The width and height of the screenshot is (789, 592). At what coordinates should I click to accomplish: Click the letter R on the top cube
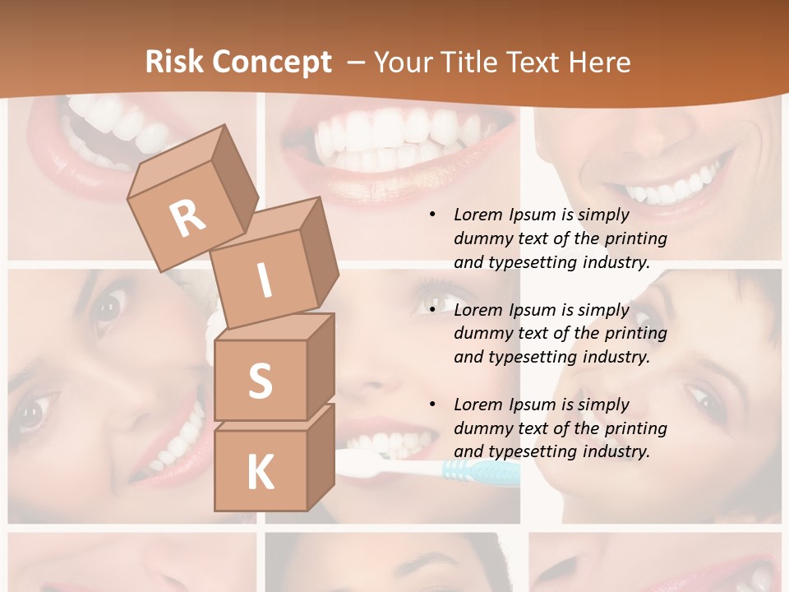pos(188,218)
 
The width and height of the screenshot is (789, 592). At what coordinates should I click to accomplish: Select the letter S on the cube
pos(260,382)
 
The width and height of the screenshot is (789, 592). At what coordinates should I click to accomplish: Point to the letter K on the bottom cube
pos(261,473)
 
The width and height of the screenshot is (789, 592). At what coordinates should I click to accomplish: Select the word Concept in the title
pos(270,62)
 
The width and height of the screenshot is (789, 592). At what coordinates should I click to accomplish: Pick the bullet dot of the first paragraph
pos(432,215)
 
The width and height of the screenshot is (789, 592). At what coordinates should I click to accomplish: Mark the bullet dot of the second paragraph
pos(432,310)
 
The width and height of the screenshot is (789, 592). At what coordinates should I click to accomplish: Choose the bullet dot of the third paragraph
pos(432,405)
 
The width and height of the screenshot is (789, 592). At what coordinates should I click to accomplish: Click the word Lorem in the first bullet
pos(478,215)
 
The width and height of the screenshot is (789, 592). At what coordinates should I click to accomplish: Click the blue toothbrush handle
pos(481,471)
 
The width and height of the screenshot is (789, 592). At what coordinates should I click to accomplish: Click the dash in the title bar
pos(357,62)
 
